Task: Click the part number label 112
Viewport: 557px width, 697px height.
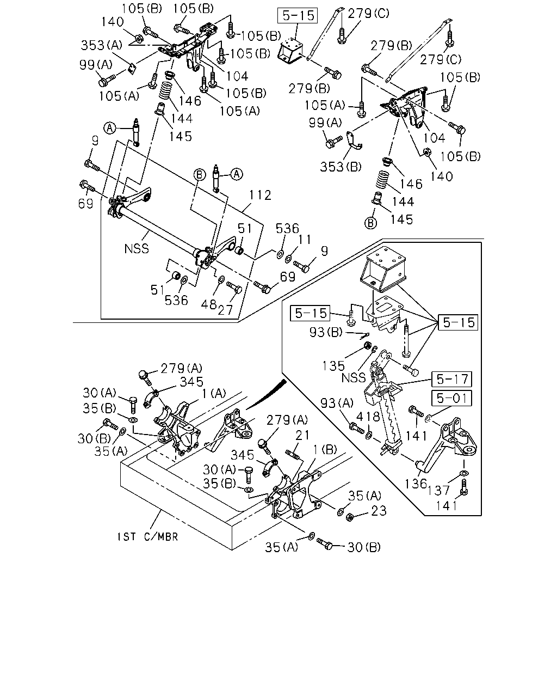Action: tap(260, 195)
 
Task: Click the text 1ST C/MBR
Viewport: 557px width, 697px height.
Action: tap(147, 537)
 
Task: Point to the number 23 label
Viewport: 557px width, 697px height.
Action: tap(379, 511)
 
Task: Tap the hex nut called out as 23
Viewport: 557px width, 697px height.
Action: tap(350, 517)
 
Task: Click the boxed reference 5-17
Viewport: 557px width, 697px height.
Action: tap(451, 379)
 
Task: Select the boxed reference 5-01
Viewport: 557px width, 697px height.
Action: tap(451, 398)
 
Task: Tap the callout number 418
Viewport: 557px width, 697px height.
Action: tap(368, 417)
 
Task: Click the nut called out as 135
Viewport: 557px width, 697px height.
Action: tap(367, 346)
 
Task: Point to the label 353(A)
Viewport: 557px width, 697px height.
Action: tap(101, 45)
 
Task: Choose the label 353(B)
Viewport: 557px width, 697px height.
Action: tap(341, 167)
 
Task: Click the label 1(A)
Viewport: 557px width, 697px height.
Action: tap(214, 394)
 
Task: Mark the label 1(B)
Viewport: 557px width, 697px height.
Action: tap(325, 450)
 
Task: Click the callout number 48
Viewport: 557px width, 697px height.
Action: tap(209, 304)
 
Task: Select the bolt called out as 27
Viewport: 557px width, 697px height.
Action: tap(234, 287)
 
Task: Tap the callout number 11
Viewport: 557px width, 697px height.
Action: tap(305, 240)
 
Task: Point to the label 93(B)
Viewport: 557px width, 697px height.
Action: tap(326, 332)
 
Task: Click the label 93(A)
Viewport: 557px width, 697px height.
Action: tap(337, 403)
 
